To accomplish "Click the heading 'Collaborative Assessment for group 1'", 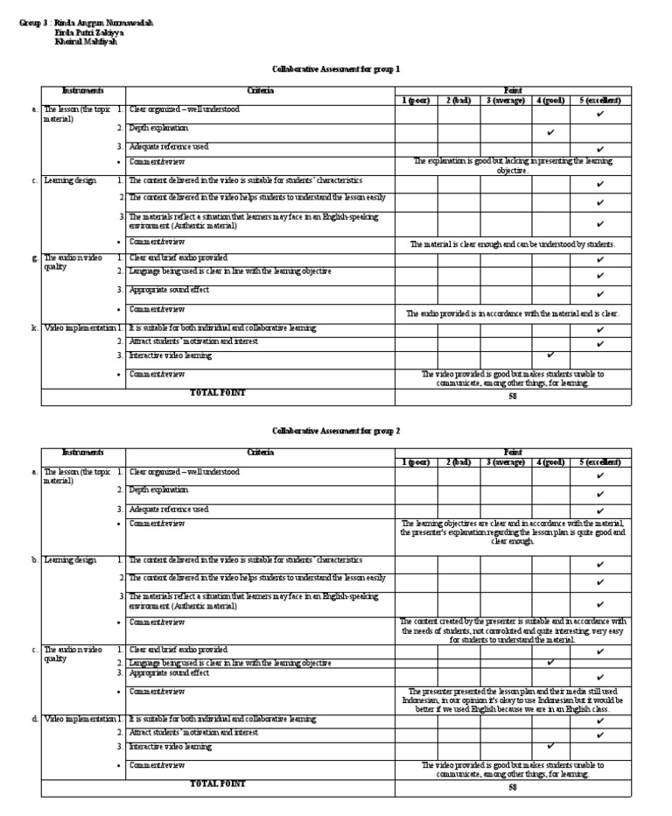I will click(336, 68).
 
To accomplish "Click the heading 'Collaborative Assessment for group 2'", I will click(336, 431).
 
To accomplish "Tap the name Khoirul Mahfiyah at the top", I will click(85, 41).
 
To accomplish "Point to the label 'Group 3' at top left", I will click(32, 23).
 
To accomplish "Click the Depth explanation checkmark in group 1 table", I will click(550, 133).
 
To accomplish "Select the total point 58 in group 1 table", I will click(513, 397).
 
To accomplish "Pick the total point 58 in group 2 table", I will click(513, 787).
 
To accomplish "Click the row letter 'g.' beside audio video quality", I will click(33, 258).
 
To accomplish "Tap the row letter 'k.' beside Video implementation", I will click(33, 327).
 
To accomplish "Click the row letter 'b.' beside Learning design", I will click(33, 559).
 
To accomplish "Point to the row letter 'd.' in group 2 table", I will click(33, 718).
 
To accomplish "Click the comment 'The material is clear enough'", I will click(513, 243).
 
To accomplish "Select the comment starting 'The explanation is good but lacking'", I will click(513, 165).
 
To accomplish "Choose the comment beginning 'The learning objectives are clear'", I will click(513, 531).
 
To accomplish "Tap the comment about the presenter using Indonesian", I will click(513, 700).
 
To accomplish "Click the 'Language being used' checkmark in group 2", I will click(550, 663).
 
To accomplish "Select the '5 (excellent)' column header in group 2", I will click(599, 461).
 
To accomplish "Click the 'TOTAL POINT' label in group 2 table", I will click(218, 784).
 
